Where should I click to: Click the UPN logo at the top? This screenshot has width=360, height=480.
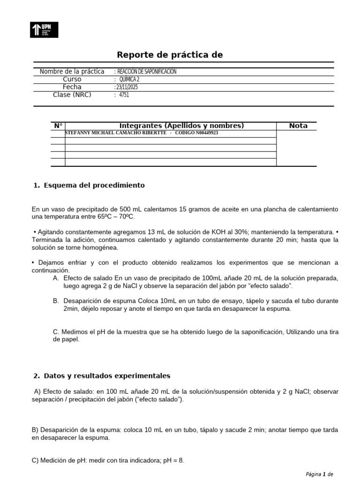45,30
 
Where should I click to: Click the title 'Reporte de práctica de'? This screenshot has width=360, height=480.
170,55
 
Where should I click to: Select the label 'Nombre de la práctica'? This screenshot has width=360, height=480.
72,72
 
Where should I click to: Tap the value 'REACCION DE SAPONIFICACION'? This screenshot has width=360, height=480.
146,72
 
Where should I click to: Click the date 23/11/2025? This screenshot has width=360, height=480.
127,87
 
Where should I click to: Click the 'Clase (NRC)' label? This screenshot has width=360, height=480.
72,95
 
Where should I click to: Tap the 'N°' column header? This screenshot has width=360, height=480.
58,126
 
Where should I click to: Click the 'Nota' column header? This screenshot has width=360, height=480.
298,126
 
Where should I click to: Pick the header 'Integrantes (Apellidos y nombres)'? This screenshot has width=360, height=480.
181,126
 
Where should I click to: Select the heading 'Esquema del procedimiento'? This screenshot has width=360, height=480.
94,186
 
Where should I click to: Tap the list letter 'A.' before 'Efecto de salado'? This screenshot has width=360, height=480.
56,278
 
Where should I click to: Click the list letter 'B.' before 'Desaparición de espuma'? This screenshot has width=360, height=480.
56,300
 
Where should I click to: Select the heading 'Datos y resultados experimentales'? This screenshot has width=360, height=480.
107,376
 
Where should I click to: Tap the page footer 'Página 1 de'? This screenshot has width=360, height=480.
319,474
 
